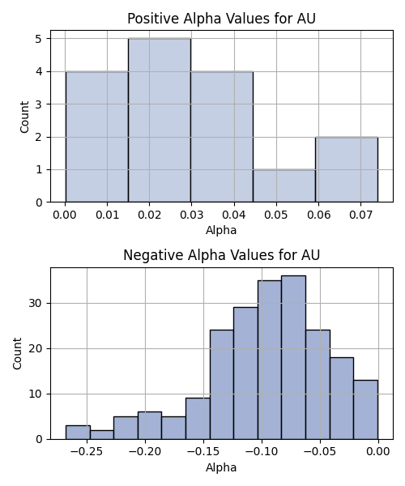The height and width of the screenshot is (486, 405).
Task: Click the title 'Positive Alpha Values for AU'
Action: click(x=221, y=19)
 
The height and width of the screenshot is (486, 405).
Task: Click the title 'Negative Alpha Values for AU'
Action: click(x=221, y=255)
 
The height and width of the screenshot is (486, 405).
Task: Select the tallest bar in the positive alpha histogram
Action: click(x=160, y=120)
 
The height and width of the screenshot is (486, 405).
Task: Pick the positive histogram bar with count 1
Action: click(x=284, y=186)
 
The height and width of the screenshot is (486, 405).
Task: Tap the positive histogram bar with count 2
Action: click(x=347, y=169)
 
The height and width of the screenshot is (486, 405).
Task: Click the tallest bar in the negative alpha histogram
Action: click(x=293, y=357)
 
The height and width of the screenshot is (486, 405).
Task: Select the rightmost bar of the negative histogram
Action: click(x=365, y=410)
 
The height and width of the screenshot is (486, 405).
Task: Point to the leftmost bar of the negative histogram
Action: click(x=78, y=433)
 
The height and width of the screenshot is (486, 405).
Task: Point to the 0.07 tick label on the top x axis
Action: click(x=360, y=215)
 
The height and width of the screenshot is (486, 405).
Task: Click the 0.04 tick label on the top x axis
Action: click(x=234, y=215)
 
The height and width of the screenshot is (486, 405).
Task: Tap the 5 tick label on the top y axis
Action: click(x=39, y=39)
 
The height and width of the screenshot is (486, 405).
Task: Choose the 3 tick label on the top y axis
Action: click(x=39, y=104)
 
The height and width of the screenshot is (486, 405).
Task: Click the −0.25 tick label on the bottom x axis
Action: click(x=87, y=452)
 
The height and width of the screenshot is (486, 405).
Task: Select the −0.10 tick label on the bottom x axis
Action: click(x=262, y=452)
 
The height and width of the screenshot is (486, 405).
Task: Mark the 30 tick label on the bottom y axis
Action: click(x=36, y=303)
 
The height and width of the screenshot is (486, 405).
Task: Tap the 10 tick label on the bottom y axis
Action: click(x=36, y=394)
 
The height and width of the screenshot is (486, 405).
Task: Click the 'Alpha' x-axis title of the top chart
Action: click(x=221, y=230)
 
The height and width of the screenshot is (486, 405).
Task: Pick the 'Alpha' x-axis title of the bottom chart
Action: click(x=221, y=467)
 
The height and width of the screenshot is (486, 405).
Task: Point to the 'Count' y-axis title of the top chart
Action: click(x=24, y=117)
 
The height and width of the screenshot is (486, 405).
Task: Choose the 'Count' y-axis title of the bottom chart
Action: click(x=17, y=354)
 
